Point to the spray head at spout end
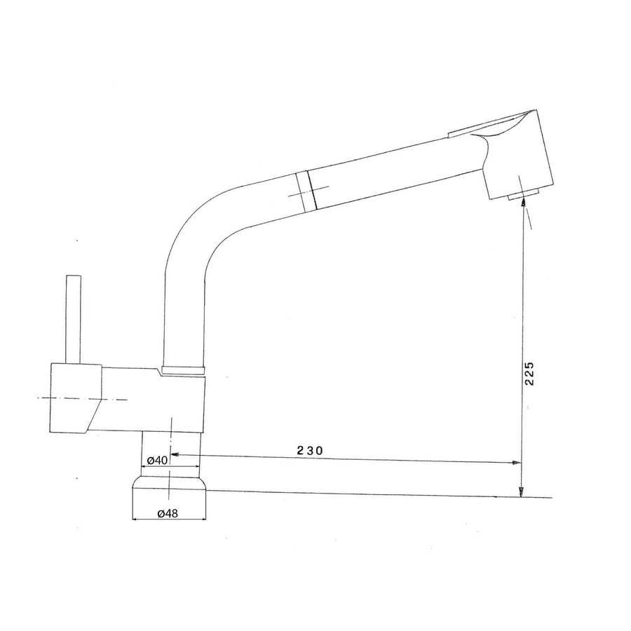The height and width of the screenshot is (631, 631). tap(515, 154)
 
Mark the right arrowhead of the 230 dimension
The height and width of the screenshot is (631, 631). tap(517, 463)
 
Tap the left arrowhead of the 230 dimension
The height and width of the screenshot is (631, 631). tap(176, 454)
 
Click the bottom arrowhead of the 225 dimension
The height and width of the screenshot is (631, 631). tap(522, 492)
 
